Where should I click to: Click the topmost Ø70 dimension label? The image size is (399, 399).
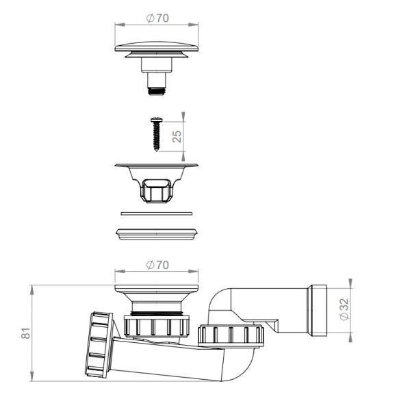point(157,18)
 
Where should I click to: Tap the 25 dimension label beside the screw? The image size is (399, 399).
point(177,136)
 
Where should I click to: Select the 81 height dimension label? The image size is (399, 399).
point(25,333)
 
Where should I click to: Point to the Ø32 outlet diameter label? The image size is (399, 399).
point(344,309)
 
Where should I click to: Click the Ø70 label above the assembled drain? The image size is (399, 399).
point(157,265)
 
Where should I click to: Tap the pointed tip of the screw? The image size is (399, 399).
point(157,151)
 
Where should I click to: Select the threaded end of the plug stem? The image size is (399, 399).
point(157,91)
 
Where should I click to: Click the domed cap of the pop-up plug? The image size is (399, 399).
point(157,47)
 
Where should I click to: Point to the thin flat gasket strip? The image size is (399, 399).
point(157,214)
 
